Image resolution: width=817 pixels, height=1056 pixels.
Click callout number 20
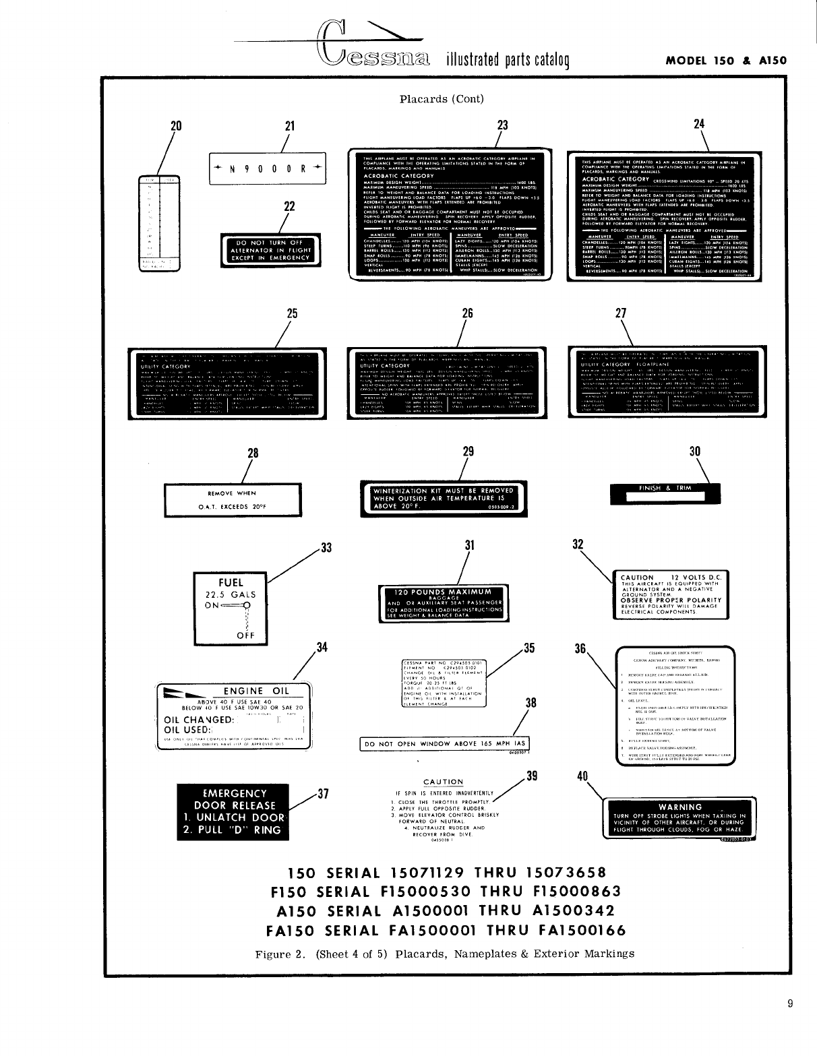177,125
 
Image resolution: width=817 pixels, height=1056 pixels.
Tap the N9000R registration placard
267,168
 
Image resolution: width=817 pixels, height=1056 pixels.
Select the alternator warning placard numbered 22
270,250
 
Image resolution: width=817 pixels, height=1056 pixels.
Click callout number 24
699,124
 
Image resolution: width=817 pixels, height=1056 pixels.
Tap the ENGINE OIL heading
256,691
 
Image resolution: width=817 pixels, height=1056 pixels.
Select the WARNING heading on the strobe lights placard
680,807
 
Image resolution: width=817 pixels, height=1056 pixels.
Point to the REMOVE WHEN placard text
232,494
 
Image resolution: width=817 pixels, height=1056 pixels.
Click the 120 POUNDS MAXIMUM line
443,592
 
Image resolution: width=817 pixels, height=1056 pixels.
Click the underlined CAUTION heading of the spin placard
443,782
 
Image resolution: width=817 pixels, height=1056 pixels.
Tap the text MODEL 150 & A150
726,60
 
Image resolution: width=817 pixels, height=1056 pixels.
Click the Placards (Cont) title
442,99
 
